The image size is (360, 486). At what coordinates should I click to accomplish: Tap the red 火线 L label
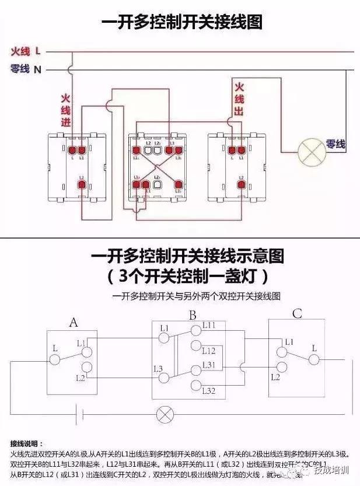point(26,51)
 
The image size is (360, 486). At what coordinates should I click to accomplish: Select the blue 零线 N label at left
point(26,69)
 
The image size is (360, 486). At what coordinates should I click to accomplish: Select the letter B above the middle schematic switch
point(192,316)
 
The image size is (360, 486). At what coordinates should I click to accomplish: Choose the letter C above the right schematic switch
point(297,314)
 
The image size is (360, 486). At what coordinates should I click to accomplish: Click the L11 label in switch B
point(209,324)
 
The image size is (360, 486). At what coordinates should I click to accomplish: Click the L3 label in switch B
point(158,369)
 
